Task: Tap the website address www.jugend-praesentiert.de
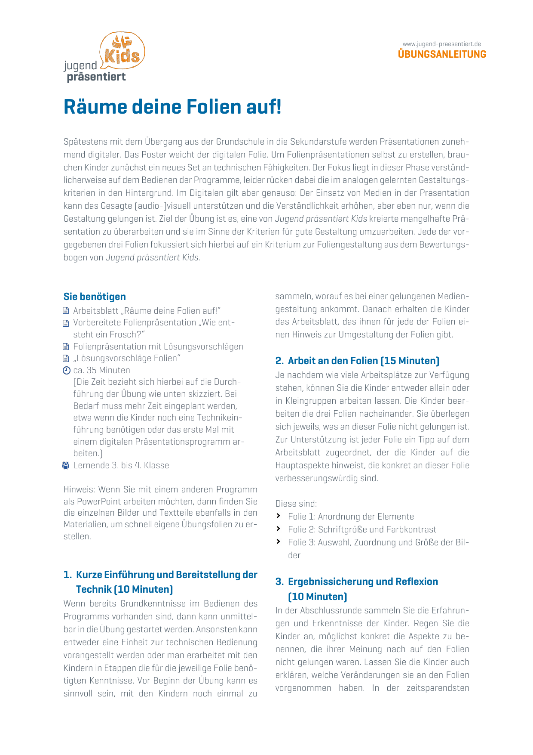coord(441,44)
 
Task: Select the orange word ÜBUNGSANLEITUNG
coord(442,54)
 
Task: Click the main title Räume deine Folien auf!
coord(172,107)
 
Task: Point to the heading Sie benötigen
coord(95,297)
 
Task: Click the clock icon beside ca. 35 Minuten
coord(66,370)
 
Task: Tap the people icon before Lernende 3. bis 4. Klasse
coord(66,465)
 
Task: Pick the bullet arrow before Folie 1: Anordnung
coord(279,516)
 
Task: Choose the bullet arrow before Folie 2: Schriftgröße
coord(279,529)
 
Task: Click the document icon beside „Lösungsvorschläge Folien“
coord(66,359)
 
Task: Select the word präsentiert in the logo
coord(96,77)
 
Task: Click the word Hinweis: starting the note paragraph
coord(79,489)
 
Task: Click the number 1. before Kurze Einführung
coord(68,575)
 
